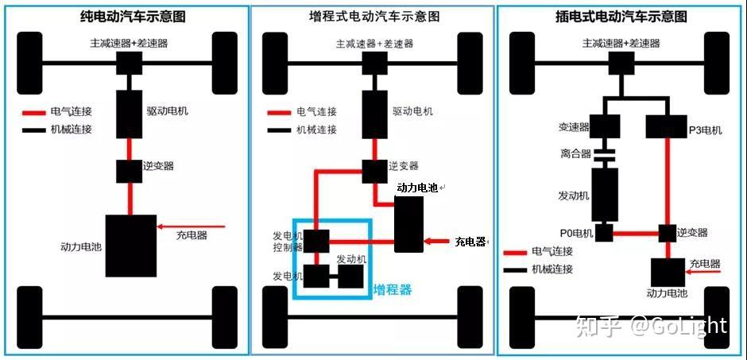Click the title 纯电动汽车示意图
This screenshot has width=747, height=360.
tap(133, 17)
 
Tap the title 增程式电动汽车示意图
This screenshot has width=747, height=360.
tap(373, 17)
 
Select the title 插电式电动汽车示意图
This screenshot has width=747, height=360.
tap(621, 17)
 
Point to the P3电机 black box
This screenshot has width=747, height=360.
tap(665, 126)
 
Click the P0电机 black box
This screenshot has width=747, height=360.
tap(604, 233)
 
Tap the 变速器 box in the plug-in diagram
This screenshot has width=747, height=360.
tap(605, 126)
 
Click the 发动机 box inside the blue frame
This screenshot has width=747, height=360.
tap(350, 277)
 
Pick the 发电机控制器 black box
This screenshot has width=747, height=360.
tap(316, 241)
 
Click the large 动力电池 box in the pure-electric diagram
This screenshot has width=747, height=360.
tap(131, 246)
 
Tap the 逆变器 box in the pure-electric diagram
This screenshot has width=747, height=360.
tap(129, 172)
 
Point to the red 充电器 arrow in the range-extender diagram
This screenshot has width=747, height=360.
tap(436, 242)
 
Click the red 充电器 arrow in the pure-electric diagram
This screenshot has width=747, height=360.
tap(191, 226)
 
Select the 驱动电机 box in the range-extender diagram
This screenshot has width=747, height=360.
tap(374, 114)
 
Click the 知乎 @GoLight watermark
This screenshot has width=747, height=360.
tap(652, 327)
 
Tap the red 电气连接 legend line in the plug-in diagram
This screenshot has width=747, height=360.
tap(514, 252)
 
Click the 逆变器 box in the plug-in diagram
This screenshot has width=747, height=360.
tap(668, 233)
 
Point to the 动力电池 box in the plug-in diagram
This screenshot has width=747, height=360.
tap(668, 273)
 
